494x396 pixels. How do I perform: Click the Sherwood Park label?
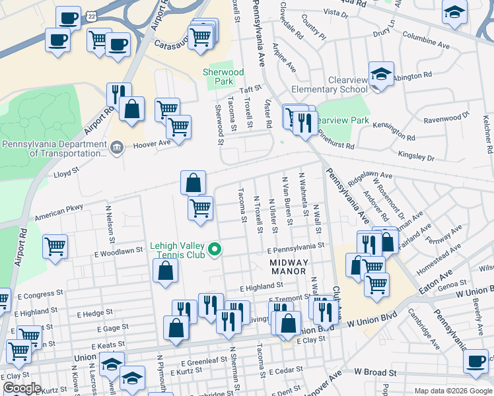225,77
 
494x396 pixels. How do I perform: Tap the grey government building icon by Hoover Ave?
116,146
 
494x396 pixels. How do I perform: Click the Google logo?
22,388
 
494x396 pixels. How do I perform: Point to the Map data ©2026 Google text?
452,391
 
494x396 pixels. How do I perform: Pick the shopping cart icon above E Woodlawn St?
55,246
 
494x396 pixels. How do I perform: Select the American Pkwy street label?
59,211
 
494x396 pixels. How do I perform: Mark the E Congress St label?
40,290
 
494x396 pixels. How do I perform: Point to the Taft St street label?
251,90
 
